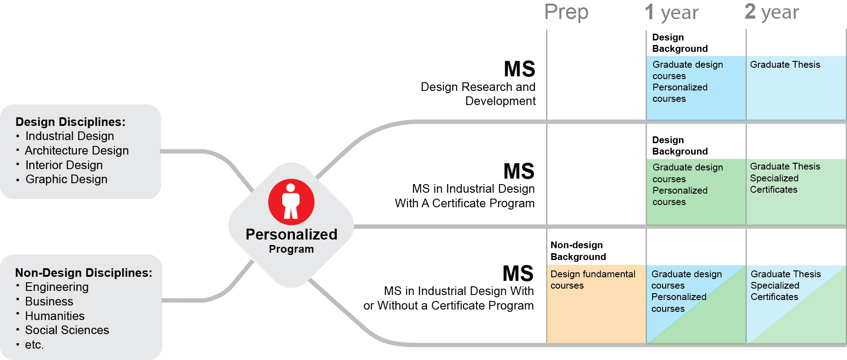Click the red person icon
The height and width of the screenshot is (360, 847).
[291, 202]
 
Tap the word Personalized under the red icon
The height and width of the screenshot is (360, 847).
[291, 235]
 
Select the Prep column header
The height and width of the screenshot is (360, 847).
[566, 12]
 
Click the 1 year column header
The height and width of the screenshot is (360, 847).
[672, 12]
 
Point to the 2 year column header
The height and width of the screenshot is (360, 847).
[772, 12]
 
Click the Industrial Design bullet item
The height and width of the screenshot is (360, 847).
[70, 136]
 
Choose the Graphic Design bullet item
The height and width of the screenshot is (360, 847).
[66, 180]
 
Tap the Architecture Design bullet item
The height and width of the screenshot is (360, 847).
[77, 150]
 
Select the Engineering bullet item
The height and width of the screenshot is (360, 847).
[57, 287]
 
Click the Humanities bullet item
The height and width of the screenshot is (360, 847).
[55, 316]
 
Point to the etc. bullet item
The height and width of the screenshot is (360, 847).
[34, 345]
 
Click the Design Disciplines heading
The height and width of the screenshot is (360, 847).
[70, 122]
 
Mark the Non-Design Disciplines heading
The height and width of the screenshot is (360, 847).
[84, 273]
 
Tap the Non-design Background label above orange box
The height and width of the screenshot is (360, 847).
[578, 251]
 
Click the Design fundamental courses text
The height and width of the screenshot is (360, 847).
[593, 280]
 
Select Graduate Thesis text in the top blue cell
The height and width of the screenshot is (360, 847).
[785, 65]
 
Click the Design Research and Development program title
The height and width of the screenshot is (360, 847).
[478, 94]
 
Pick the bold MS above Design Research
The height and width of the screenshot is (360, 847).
[519, 69]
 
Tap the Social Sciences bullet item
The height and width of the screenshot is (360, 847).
[67, 330]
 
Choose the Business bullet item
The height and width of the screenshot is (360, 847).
[49, 302]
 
